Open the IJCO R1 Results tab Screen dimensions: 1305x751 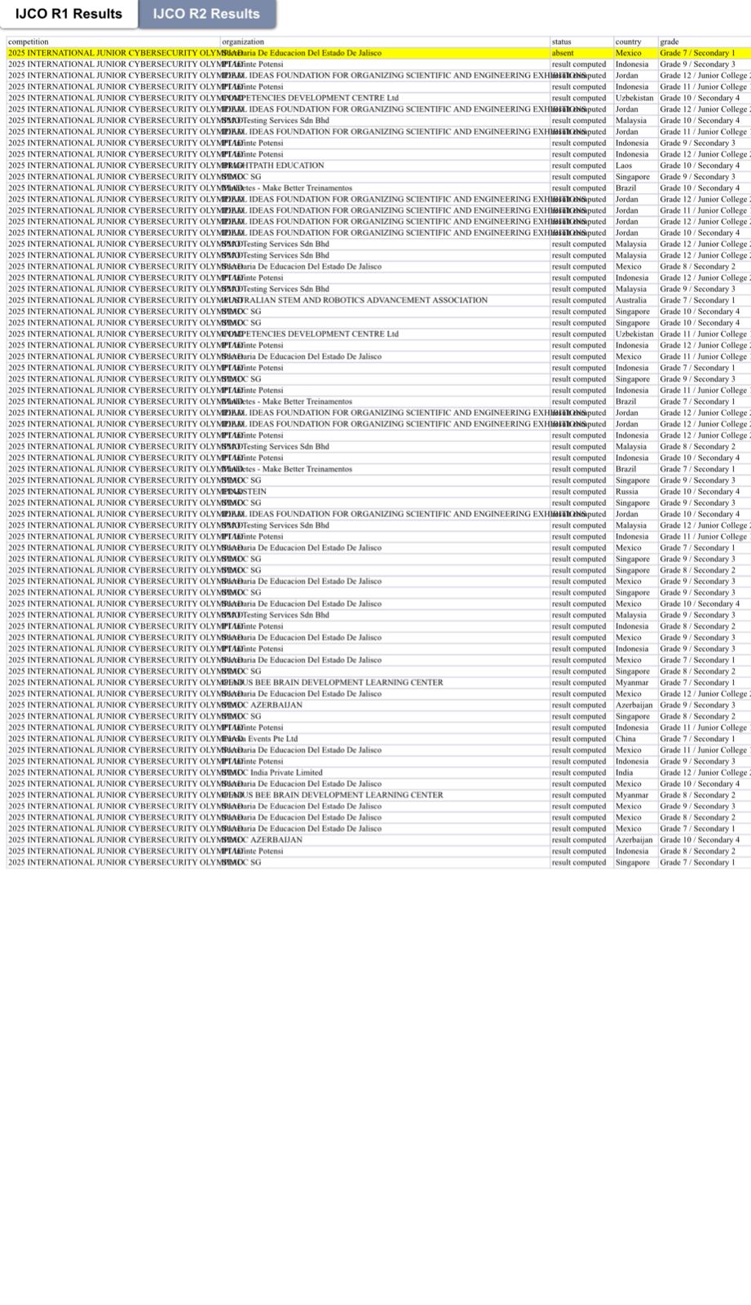(68, 14)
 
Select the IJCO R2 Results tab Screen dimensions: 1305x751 (206, 14)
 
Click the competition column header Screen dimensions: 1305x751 (29, 42)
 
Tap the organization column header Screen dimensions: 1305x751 (243, 42)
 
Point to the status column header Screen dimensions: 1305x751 (562, 42)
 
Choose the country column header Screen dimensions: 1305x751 (628, 42)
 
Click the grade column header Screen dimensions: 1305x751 (669, 42)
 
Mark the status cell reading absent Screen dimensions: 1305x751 (563, 53)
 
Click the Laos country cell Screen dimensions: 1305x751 (624, 166)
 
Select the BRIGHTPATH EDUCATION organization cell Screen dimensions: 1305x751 (277, 166)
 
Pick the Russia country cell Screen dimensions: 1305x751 (627, 492)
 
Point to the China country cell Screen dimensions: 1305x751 (626, 739)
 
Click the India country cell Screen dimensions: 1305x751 (624, 772)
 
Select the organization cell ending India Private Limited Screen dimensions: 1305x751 (277, 772)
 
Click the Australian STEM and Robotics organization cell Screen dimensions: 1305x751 (359, 300)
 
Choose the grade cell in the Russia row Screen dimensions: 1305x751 (700, 492)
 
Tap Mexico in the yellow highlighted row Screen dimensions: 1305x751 (628, 53)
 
